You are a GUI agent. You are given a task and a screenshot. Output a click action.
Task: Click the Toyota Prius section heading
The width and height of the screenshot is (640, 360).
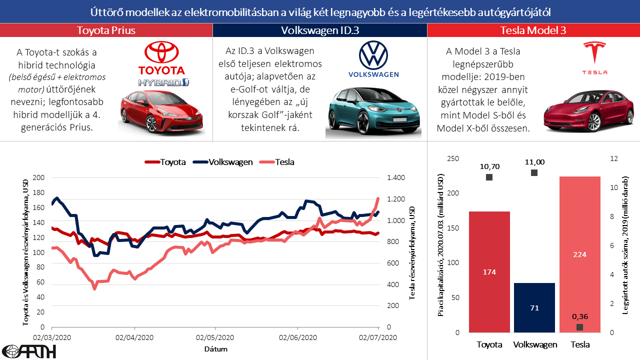[106, 30]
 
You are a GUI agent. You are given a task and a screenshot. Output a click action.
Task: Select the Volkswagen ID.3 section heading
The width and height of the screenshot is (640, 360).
[320, 30]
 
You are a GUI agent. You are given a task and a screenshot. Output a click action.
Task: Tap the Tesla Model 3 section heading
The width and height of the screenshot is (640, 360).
[533, 30]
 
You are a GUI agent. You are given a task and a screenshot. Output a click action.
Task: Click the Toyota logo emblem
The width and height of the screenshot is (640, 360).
[161, 52]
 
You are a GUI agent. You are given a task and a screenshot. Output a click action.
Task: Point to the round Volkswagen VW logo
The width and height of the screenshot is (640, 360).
[373, 55]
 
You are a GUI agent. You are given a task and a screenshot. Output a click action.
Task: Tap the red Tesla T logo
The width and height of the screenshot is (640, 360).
[594, 53]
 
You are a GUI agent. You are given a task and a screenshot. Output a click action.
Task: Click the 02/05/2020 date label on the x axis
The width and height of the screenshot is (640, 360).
[215, 337]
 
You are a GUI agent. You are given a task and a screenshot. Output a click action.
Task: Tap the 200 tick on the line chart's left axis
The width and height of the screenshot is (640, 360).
[38, 178]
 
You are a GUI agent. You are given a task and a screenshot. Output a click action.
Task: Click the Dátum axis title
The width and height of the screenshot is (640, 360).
[215, 348]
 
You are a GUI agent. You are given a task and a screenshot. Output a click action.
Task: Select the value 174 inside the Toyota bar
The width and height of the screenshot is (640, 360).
[489, 272]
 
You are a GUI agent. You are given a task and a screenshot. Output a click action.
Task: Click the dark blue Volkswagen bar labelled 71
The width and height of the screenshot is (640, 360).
[534, 307]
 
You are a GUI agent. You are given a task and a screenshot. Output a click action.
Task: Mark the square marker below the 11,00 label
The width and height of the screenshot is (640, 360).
[534, 172]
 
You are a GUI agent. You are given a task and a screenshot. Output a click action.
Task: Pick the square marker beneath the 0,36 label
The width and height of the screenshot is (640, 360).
[579, 327]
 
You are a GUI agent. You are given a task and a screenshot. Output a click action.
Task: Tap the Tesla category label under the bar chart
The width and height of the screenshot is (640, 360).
[580, 344]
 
